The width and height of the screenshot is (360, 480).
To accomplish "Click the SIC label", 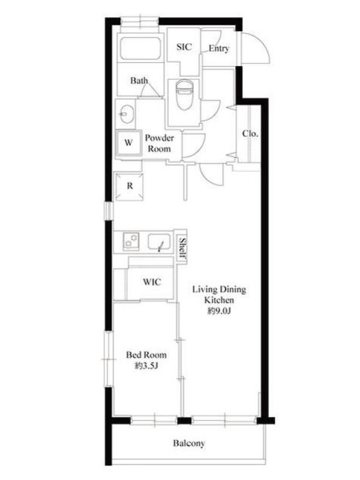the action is (x=184, y=47).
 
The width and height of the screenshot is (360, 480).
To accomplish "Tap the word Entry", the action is (x=219, y=49).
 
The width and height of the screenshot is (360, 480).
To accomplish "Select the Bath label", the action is (x=139, y=80).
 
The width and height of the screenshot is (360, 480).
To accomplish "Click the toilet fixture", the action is (x=184, y=95).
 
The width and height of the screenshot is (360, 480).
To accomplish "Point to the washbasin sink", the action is (x=126, y=114).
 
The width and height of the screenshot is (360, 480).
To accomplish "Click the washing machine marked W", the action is (x=128, y=143).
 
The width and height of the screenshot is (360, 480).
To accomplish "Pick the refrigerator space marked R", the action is (x=129, y=186).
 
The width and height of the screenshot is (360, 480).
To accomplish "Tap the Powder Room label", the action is (x=159, y=143).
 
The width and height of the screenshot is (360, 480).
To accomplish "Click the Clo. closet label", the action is (x=250, y=133).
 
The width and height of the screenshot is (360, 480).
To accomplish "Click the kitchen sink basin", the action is (x=159, y=242).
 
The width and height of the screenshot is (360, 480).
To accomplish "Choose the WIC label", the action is (x=152, y=281).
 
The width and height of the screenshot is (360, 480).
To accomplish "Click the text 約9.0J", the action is (x=219, y=311).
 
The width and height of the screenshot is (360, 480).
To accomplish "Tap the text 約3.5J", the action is (x=146, y=365).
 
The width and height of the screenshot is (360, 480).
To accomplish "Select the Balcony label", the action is (x=189, y=443).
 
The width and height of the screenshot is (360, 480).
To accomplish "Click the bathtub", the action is (x=140, y=49).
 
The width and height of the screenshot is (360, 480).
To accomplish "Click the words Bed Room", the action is (x=146, y=355).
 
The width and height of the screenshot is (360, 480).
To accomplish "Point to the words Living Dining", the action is (x=219, y=289).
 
